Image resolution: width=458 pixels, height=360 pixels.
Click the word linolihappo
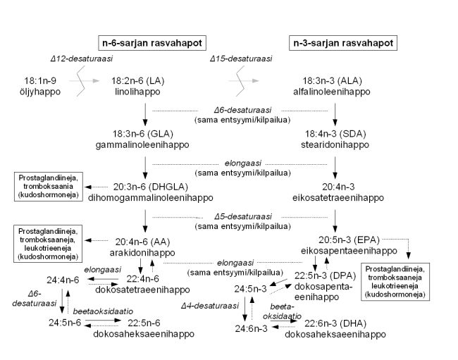point(144,92)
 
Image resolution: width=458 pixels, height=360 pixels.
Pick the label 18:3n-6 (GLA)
point(144,133)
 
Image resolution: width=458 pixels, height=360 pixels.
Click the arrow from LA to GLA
point(144,113)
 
